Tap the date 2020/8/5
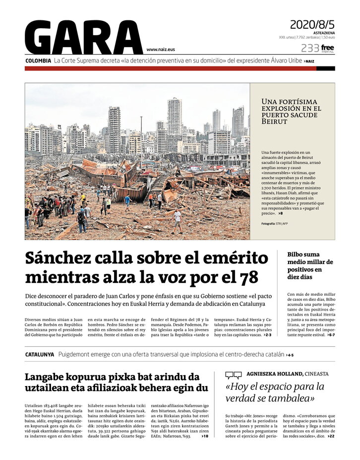point(312,24)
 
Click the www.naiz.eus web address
point(161,50)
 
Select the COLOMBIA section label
point(38,61)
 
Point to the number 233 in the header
point(310,48)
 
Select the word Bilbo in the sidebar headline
point(297,254)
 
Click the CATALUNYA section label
point(40,354)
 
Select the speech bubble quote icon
point(233,375)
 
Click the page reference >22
point(331,436)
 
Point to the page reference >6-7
point(330,335)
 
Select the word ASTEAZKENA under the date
point(324,33)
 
